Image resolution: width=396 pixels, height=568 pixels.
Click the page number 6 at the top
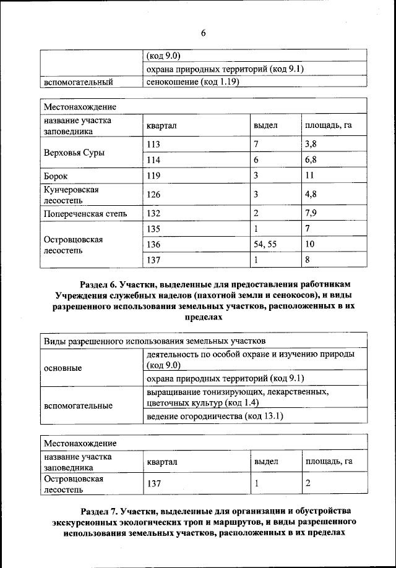(202, 33)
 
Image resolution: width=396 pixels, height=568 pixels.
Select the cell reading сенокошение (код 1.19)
(192, 81)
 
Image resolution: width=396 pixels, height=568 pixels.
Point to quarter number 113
(153, 144)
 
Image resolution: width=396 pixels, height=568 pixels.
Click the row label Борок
(56, 176)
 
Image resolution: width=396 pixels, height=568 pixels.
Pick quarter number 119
(153, 176)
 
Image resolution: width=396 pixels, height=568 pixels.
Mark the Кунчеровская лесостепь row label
(71, 195)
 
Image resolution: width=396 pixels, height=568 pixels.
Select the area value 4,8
(311, 195)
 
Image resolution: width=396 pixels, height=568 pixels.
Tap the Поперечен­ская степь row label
(85, 214)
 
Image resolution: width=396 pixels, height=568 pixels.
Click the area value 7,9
(311, 214)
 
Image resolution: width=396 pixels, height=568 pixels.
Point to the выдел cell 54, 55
(265, 244)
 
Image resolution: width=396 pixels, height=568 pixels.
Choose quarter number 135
(153, 229)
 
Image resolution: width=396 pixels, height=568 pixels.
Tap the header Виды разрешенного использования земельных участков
(155, 341)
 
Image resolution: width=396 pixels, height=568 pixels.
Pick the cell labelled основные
(63, 368)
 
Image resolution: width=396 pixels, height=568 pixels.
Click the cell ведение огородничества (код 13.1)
(215, 416)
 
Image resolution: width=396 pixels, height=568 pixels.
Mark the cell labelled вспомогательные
(77, 405)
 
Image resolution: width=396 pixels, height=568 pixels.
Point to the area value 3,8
(311, 144)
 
